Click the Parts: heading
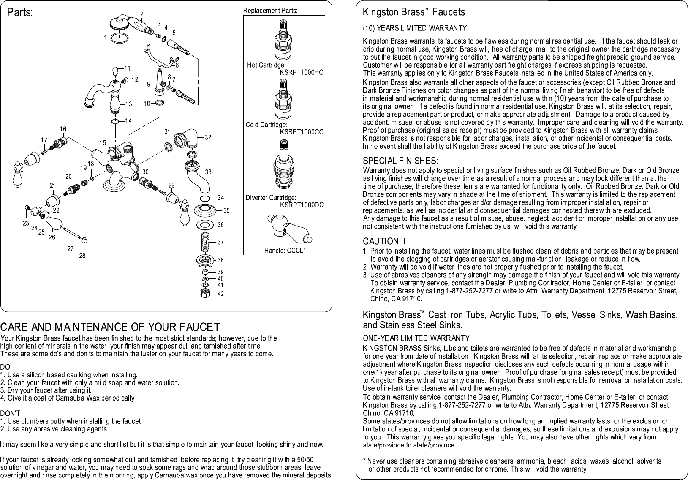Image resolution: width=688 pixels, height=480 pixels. (x=20, y=12)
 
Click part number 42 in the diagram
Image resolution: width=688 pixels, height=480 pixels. (x=220, y=294)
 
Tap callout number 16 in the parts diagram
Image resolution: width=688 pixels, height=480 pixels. (x=63, y=129)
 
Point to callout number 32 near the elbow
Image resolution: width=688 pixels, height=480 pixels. (x=208, y=137)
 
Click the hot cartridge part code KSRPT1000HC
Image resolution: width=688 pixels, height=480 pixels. (x=302, y=72)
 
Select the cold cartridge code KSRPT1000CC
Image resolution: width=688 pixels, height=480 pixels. (x=302, y=132)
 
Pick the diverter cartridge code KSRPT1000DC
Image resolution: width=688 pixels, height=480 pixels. (x=302, y=205)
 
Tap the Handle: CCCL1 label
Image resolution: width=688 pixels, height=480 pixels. (x=285, y=250)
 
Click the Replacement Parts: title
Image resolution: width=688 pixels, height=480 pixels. (x=270, y=11)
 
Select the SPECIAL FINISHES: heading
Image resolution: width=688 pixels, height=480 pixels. (x=400, y=161)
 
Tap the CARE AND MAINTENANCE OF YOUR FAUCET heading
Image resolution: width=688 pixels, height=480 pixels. (x=110, y=327)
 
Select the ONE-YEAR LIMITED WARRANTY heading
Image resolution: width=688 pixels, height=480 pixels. (x=416, y=338)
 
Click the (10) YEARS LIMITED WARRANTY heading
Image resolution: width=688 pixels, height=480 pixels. (x=415, y=28)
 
